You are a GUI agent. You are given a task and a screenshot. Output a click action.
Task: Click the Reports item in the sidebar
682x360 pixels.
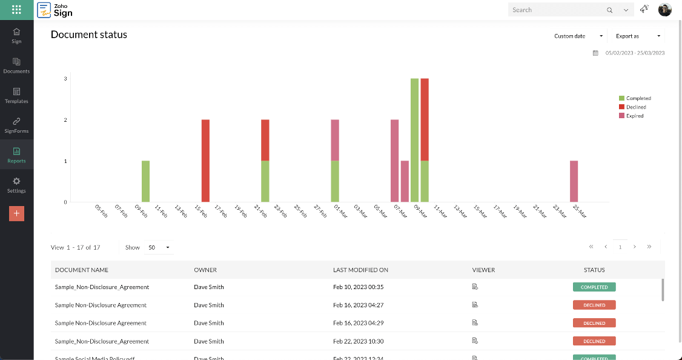[16, 155]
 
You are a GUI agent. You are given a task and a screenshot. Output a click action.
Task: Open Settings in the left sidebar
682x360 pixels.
[16, 185]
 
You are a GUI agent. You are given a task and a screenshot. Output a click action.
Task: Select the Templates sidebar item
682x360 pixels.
[16, 95]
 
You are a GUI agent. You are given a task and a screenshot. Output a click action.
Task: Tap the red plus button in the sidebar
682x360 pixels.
[16, 213]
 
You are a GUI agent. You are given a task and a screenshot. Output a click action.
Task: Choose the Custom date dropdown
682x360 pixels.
[578, 36]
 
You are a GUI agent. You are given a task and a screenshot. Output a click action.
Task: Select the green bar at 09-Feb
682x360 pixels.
[145, 181]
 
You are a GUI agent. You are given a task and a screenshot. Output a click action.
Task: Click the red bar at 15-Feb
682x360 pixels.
[205, 161]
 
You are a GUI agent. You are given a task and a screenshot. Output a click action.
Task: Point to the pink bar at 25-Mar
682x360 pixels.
[574, 181]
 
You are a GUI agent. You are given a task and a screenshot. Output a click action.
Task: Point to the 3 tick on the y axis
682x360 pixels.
[65, 79]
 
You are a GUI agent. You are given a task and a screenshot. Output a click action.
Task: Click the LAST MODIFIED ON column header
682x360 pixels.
[360, 270]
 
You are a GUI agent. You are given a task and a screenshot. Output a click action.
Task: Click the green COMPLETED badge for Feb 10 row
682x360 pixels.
[594, 287]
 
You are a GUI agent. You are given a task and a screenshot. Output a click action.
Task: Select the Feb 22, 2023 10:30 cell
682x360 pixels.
[358, 341]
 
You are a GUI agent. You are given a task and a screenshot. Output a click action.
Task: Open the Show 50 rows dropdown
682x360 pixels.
[159, 247]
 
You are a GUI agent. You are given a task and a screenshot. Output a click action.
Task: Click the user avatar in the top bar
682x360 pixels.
[665, 10]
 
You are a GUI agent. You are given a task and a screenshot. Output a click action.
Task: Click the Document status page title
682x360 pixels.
[89, 35]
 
